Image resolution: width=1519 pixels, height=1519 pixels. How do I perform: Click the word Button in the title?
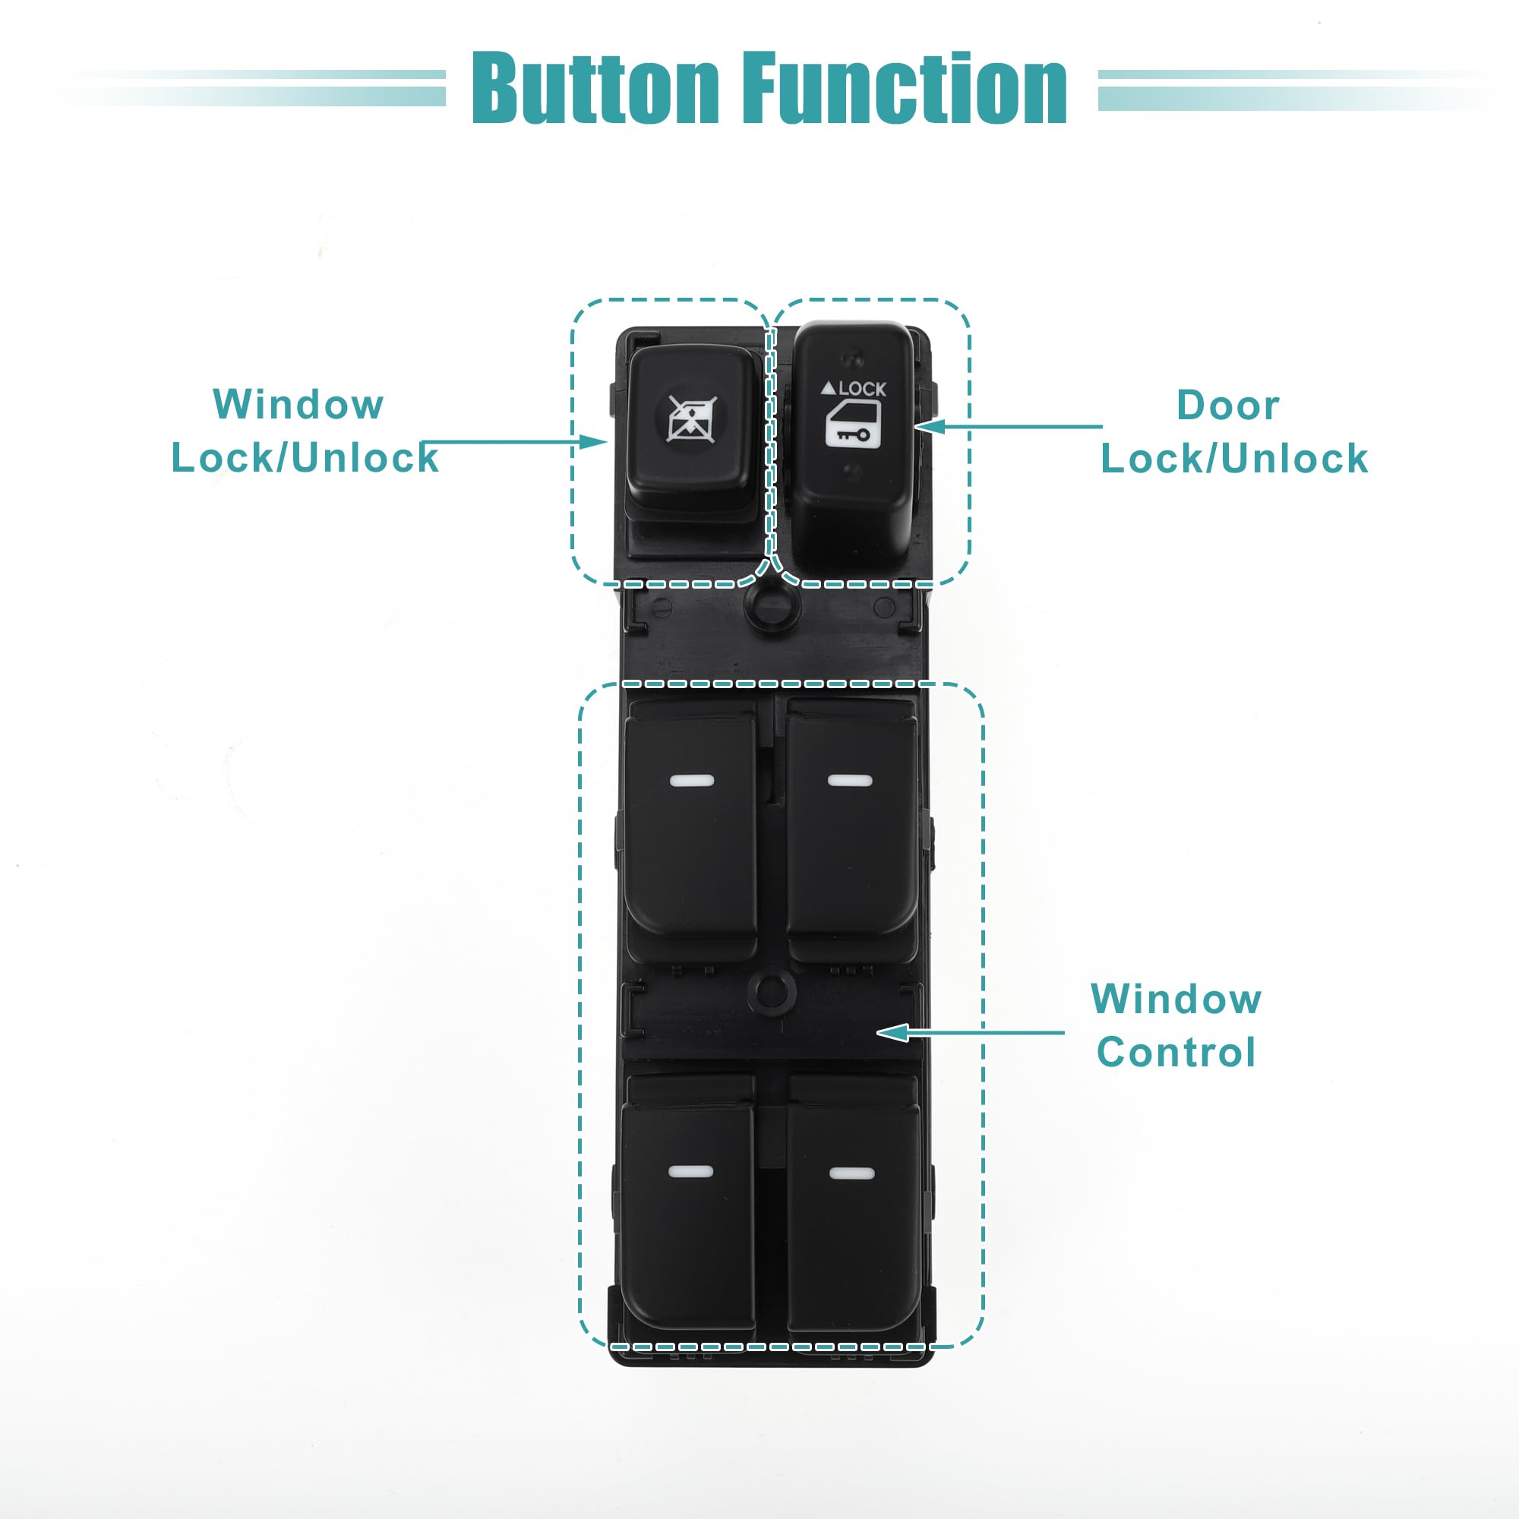pyautogui.click(x=595, y=88)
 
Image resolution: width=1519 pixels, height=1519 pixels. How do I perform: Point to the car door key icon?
pyautogui.click(x=852, y=425)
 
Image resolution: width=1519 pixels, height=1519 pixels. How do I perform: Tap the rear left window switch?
pyautogui.click(x=689, y=1211)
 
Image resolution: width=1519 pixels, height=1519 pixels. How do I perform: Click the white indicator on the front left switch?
pyautogui.click(x=692, y=781)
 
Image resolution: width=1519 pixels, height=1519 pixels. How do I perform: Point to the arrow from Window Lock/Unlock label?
pyautogui.click(x=515, y=442)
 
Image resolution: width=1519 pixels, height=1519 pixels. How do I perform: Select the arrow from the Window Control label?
pyautogui.click(x=970, y=1032)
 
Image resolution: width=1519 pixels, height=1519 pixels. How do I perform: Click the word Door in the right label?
pyautogui.click(x=1227, y=406)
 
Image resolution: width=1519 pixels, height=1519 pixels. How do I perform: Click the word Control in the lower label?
pyautogui.click(x=1176, y=1053)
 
